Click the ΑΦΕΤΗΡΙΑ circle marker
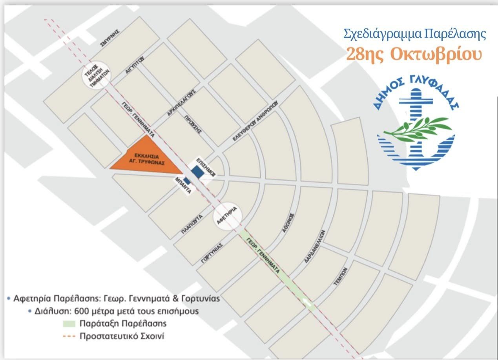[228, 216]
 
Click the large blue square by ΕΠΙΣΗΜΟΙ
[197, 172]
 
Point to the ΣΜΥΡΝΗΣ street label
[109, 38]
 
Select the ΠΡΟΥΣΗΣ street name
[195, 125]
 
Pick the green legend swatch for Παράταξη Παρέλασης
[70, 324]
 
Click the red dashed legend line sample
[70, 336]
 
